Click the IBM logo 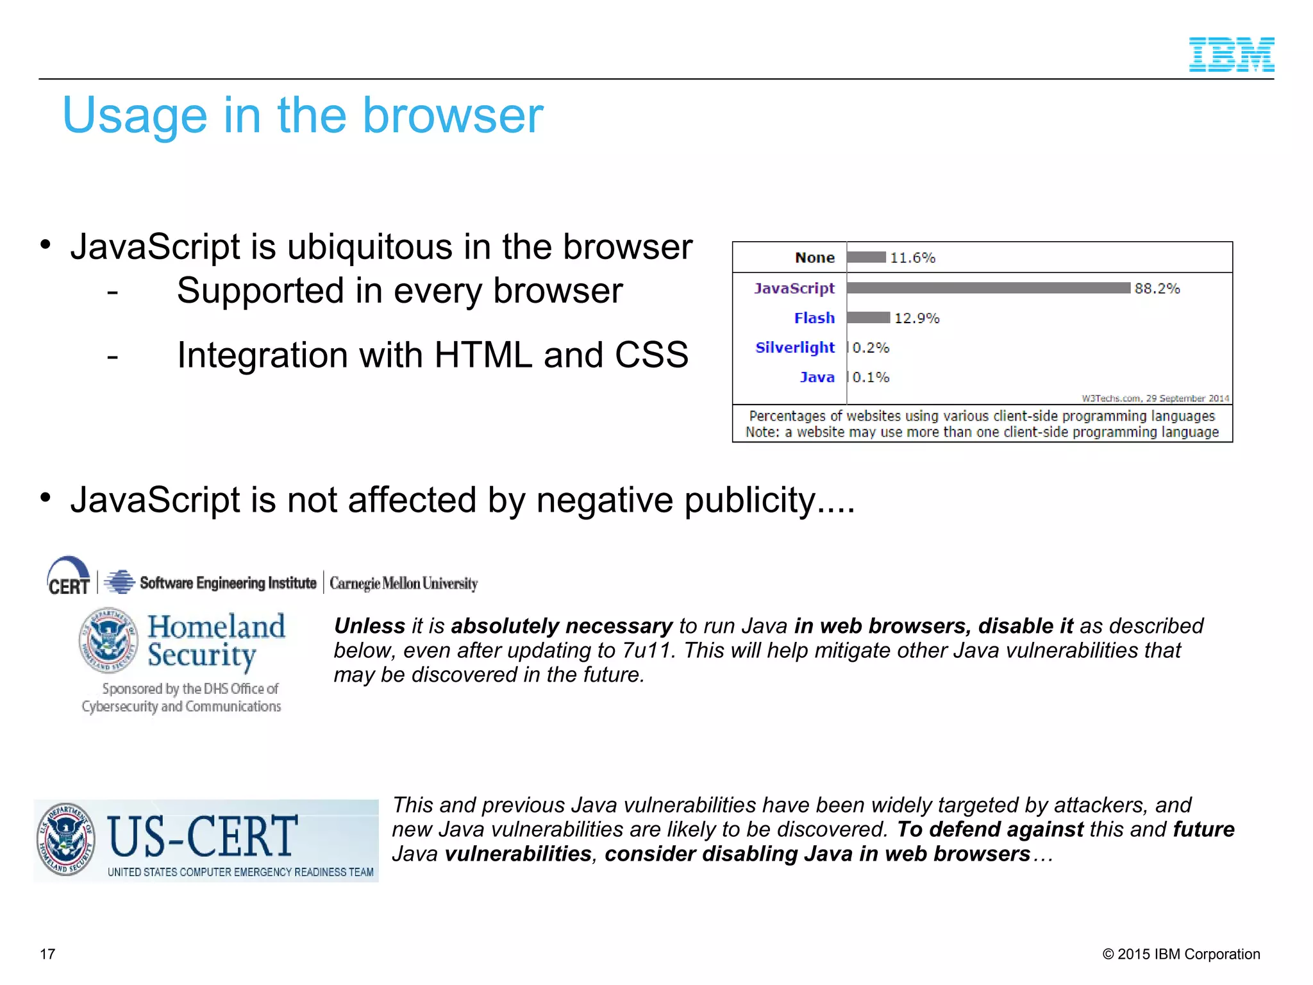1231,55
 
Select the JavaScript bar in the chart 988,288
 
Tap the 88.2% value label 1157,289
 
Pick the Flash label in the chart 814,318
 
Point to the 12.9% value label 916,318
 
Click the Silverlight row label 795,348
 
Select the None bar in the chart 866,257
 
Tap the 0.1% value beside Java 871,377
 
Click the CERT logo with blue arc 69,576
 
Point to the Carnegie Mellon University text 403,584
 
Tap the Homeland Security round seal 108,640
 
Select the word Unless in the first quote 370,626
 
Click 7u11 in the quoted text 647,650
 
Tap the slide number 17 47,954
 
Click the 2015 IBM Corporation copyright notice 1181,954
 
